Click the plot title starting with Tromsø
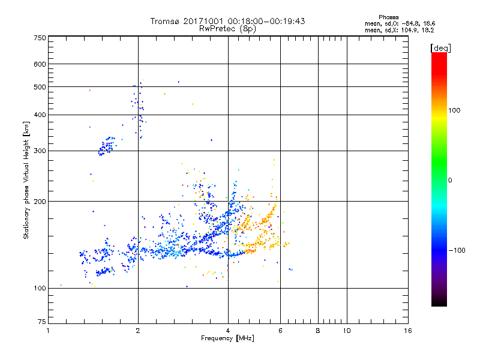tap(228, 21)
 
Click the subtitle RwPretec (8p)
tap(228, 28)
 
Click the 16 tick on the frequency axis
tap(407, 331)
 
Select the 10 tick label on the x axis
tap(346, 331)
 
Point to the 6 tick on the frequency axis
tap(280, 331)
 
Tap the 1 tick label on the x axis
tap(48, 331)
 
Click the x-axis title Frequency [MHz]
tap(227, 339)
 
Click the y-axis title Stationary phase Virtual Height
tap(26, 180)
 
